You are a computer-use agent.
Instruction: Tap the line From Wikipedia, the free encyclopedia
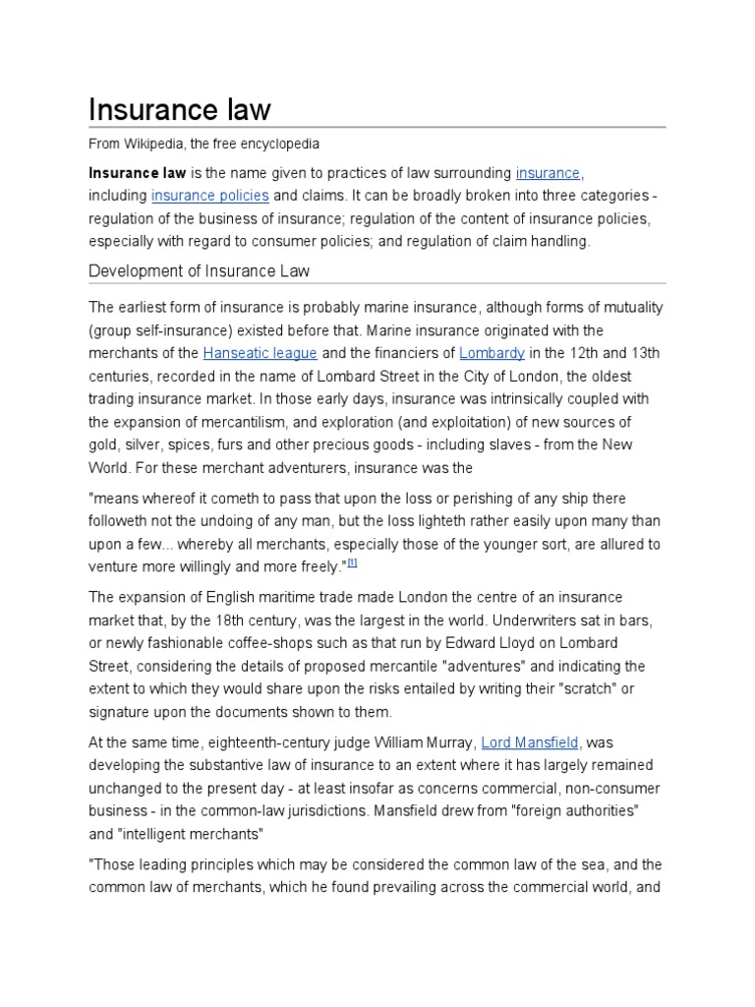coord(203,144)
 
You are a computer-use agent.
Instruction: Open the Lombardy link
coord(493,352)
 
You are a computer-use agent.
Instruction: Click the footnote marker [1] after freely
coord(352,562)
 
